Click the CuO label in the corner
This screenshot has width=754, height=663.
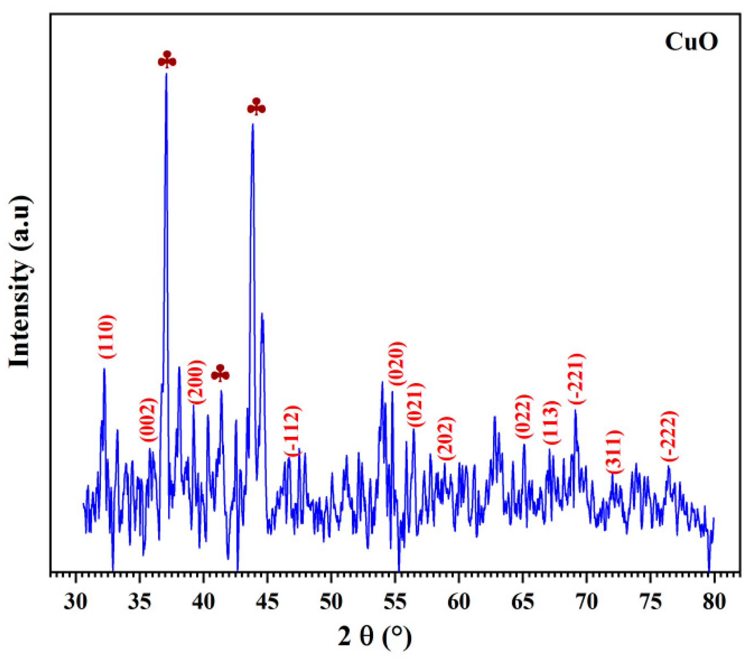tap(691, 42)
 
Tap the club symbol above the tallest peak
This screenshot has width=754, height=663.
tap(167, 60)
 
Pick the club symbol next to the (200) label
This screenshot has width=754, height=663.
tap(220, 373)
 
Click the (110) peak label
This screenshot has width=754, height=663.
tap(106, 337)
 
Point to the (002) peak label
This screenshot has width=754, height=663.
tap(149, 420)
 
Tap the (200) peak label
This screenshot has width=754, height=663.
tap(196, 382)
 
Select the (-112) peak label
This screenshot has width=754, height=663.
tap(293, 430)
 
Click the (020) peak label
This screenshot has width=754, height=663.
tap(397, 364)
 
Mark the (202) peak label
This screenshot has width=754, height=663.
tap(446, 438)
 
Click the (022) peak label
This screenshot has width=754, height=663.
tap(524, 416)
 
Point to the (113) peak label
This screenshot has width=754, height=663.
tap(552, 423)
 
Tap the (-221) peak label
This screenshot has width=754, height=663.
tap(576, 379)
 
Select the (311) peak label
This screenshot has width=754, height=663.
tap(614, 452)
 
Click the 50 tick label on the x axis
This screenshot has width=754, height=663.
tap(331, 603)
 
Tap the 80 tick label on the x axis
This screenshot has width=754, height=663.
tap(714, 603)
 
